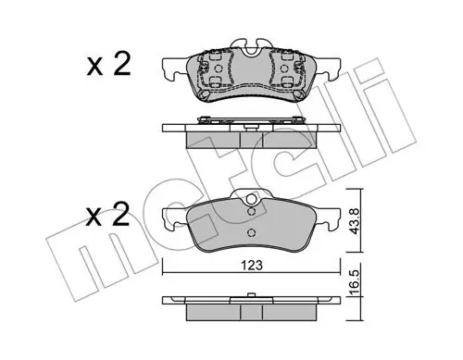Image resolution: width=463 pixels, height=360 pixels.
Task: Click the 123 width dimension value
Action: point(252,266)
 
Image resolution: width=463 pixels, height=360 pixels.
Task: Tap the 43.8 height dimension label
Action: point(355,221)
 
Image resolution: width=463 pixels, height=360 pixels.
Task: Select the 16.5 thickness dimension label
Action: point(355,282)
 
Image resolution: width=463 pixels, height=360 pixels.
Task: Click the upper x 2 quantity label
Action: point(108,65)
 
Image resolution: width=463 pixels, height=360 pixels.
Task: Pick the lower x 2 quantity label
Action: point(107,214)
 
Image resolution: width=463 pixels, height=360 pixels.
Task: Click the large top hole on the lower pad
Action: point(252,199)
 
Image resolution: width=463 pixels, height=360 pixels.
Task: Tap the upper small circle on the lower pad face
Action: point(252,211)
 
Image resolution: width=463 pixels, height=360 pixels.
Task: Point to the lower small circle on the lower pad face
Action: point(252,232)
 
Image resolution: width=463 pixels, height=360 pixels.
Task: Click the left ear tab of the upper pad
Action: point(174,69)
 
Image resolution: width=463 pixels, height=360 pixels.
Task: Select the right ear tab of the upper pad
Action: point(329,69)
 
